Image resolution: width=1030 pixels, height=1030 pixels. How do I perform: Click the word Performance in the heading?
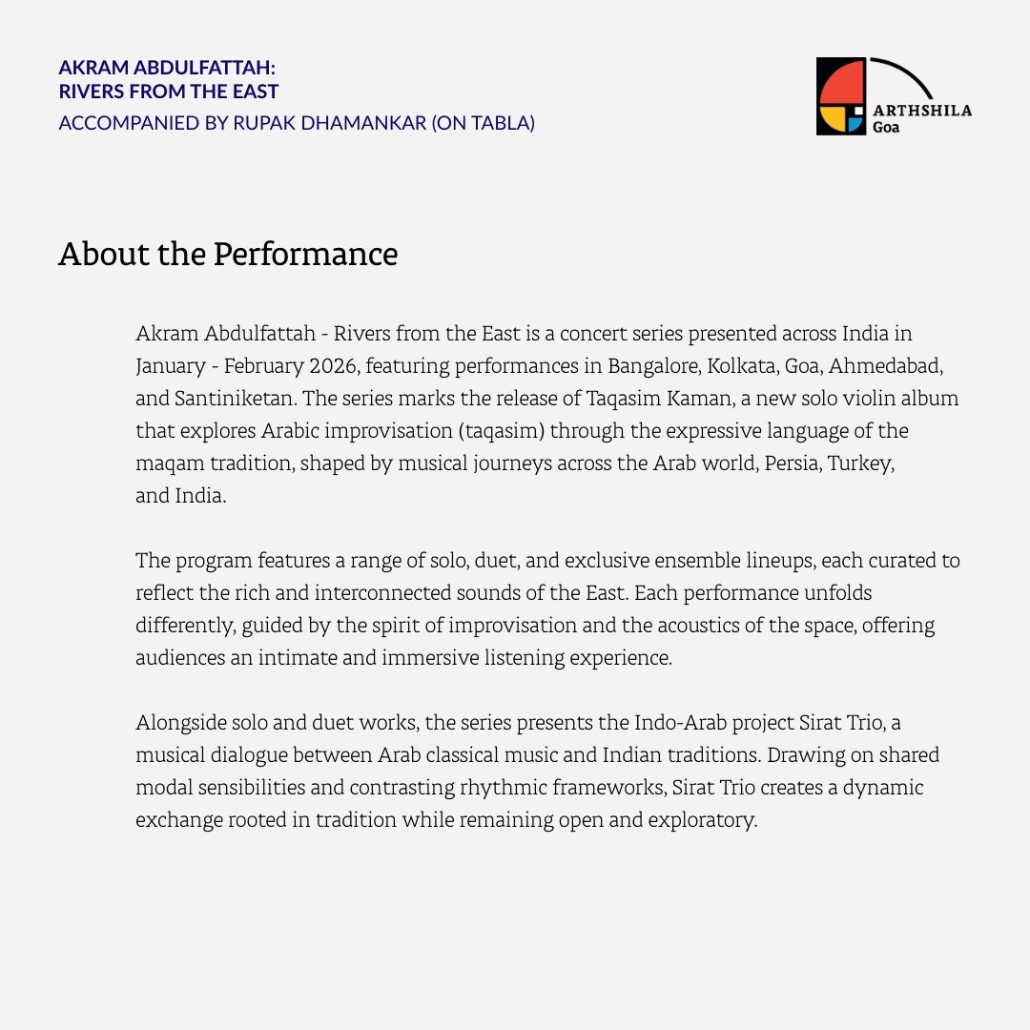coord(305,255)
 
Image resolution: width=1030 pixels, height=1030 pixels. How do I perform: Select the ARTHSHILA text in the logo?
coord(922,110)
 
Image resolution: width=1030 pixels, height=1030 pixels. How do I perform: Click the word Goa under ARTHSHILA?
coord(886,127)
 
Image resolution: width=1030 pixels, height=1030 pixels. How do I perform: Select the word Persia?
coord(791,463)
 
